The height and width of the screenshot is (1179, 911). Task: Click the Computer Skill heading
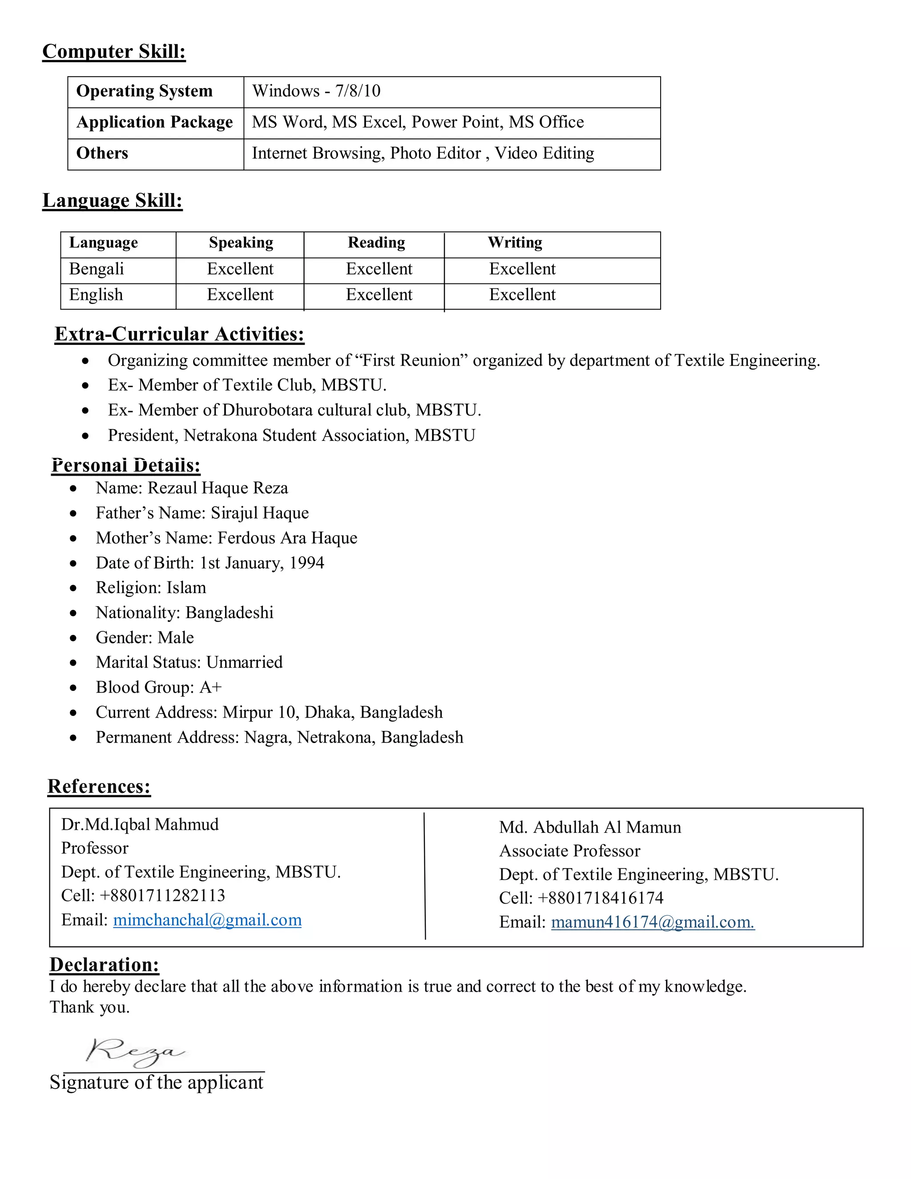114,52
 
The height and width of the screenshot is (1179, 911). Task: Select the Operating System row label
144,91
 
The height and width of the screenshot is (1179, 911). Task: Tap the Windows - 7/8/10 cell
316,91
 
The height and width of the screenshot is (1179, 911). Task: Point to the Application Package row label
154,122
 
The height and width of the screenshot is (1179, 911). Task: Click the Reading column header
376,243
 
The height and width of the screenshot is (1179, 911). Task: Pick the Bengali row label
97,269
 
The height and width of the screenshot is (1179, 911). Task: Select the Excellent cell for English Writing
522,295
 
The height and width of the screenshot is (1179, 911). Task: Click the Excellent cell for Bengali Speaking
240,269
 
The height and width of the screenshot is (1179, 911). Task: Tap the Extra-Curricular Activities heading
179,335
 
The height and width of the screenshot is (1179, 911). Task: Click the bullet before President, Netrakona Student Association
85,436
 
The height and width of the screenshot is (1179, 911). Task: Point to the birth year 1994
306,563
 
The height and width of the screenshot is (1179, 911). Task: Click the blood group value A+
210,687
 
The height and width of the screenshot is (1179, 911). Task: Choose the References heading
99,787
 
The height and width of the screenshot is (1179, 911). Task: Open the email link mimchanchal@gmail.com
207,920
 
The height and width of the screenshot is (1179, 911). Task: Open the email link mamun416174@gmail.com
653,922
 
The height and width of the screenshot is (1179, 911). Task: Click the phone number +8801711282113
162,896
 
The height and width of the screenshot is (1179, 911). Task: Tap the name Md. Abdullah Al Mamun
590,827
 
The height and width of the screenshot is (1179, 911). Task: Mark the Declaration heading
104,965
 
